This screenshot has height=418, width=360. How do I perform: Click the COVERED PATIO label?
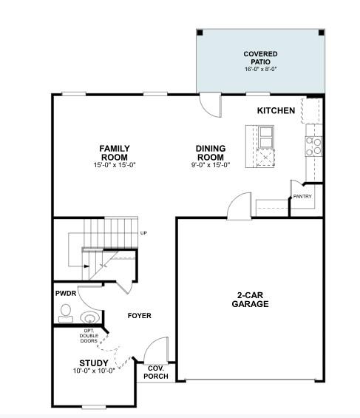pyautogui.click(x=259, y=58)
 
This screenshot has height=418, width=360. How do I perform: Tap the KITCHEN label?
pyautogui.click(x=276, y=111)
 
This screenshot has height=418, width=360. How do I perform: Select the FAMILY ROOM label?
pyautogui.click(x=115, y=152)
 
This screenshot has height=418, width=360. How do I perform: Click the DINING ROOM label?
pyautogui.click(x=211, y=152)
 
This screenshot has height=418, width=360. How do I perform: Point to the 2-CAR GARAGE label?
pyautogui.click(x=250, y=300)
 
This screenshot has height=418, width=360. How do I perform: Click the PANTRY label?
pyautogui.click(x=302, y=196)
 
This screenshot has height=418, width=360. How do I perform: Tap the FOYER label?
pyautogui.click(x=139, y=316)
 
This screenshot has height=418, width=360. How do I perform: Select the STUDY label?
pyautogui.click(x=94, y=363)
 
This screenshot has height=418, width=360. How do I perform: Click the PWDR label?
pyautogui.click(x=66, y=294)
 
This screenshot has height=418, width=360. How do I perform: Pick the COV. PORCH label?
pyautogui.click(x=156, y=372)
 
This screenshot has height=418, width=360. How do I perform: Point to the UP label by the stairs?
pyautogui.click(x=143, y=234)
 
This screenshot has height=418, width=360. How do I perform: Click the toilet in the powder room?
pyautogui.click(x=66, y=311)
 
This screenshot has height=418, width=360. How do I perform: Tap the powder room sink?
pyautogui.click(x=89, y=318)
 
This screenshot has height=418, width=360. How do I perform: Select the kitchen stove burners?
pyautogui.click(x=313, y=146)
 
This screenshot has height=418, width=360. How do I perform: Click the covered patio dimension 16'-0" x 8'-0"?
pyautogui.click(x=259, y=69)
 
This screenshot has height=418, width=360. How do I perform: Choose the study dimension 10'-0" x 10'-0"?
pyautogui.click(x=94, y=371)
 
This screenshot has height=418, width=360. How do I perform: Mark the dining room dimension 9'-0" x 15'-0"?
pyautogui.click(x=211, y=164)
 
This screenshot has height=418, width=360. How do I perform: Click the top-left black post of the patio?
pyautogui.click(x=200, y=33)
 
